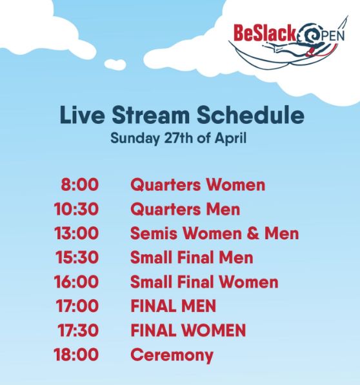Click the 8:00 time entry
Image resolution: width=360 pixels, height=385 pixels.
coord(80,184)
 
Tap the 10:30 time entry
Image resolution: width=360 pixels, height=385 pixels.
coord(76,209)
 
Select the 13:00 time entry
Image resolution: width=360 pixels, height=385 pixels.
coord(76,233)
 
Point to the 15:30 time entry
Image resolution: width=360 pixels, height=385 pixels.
coord(77,257)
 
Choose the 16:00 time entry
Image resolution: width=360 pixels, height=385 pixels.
coord(76,282)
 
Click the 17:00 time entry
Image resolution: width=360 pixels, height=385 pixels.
coord(77,306)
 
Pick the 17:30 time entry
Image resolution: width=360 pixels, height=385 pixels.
coord(78,330)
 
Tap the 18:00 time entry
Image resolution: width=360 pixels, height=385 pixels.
coord(76,355)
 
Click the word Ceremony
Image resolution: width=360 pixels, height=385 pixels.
coord(172,355)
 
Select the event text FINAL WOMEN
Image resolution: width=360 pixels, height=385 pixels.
coord(188,330)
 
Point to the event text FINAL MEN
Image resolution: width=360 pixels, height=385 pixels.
coord(174,306)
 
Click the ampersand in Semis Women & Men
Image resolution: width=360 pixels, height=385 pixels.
coord(253,233)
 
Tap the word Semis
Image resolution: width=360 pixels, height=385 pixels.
coord(154,233)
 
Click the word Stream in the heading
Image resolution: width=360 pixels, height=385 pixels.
coord(151,115)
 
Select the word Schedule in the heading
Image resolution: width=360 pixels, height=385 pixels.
coord(250,115)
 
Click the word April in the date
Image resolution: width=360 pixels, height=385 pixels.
coord(230,138)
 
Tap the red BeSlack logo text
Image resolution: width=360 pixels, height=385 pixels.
coord(265,33)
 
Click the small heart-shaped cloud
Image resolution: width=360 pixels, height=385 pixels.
coord(115,64)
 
